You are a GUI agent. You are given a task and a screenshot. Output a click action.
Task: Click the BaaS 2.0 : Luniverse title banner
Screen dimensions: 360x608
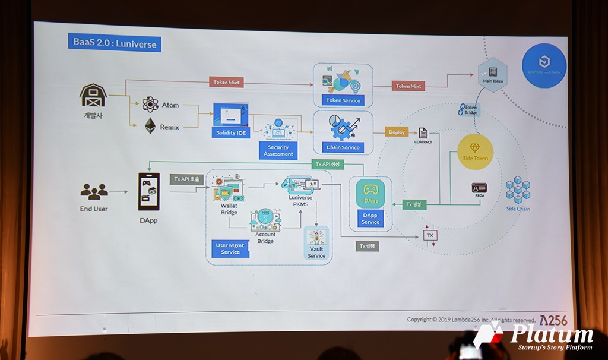pos(115,43)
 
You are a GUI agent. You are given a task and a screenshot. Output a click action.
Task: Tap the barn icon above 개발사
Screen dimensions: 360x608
pos(93,96)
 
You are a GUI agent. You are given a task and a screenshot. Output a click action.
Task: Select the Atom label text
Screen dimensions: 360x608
pos(170,105)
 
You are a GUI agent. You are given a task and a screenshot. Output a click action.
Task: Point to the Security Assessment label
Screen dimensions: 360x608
pos(278,150)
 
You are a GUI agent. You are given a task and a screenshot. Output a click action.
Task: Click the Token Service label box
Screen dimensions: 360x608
pos(343,100)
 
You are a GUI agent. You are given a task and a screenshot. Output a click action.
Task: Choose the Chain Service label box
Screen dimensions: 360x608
pos(343,147)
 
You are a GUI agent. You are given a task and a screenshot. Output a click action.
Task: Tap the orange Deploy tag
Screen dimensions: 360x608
pos(397,132)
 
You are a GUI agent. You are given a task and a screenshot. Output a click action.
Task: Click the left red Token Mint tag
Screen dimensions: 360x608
pos(226,83)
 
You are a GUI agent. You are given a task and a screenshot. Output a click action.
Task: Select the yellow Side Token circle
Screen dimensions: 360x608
pos(474,151)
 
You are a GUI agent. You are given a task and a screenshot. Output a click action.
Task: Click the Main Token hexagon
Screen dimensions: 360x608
pos(492,74)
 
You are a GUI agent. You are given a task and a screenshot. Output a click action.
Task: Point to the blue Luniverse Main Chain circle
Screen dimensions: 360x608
pos(544,65)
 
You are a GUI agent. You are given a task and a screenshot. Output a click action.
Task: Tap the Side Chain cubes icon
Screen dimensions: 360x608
pos(518,190)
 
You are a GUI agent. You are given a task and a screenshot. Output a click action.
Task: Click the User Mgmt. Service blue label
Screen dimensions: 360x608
pos(230,248)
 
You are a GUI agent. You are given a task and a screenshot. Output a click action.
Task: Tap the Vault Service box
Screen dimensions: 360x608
pos(316,244)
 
